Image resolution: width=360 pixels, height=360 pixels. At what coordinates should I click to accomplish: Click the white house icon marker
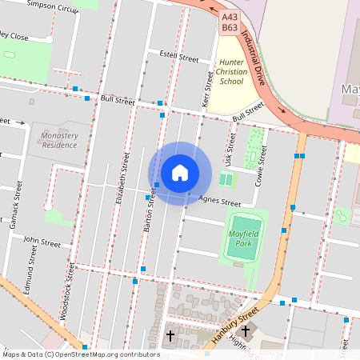[x=180, y=173]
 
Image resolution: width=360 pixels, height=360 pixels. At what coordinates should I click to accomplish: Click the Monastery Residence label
[x=59, y=141]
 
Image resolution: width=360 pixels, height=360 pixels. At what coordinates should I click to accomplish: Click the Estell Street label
[x=178, y=58]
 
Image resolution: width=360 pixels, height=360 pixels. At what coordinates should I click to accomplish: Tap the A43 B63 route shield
[x=230, y=21]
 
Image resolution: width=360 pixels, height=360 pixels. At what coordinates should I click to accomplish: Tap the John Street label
[x=42, y=240]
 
